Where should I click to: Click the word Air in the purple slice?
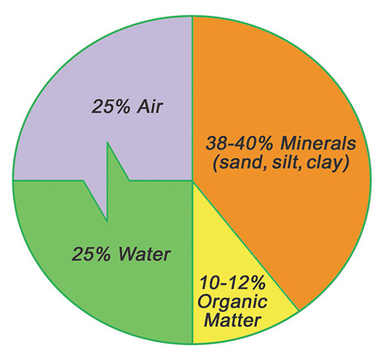150,106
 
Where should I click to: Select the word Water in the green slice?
144,254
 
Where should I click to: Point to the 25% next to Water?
91,254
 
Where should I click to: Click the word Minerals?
318,144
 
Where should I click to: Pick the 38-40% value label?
240,144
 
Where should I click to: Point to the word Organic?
232,302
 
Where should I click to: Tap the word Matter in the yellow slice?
232,319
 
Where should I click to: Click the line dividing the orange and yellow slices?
245,246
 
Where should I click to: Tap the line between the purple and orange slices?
192,99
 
